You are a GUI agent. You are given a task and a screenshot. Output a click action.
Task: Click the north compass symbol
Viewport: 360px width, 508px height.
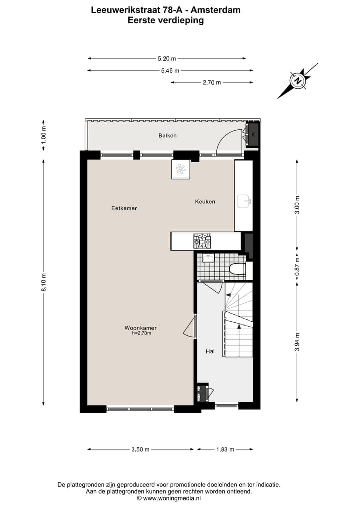click(298, 81)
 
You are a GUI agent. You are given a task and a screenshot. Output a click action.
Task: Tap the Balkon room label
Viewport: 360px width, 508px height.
click(167, 135)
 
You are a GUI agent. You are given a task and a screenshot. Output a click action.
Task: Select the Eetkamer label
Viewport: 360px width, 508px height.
click(124, 208)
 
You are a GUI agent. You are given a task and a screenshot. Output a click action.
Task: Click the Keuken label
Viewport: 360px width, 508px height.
click(205, 201)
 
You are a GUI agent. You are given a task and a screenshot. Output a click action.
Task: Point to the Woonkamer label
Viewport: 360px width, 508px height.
click(140, 328)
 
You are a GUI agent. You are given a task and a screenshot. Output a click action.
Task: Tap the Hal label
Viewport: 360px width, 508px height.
click(210, 351)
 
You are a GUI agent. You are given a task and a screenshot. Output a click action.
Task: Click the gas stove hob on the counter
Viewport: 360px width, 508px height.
click(202, 241)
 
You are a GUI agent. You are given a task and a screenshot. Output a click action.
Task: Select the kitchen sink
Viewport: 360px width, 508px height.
click(244, 201)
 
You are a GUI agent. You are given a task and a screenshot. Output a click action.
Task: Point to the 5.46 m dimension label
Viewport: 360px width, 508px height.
click(170, 71)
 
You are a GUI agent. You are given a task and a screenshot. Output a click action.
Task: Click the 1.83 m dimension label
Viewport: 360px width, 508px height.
click(225, 449)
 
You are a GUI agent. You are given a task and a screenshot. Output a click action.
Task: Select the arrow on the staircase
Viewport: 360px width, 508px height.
click(239, 326)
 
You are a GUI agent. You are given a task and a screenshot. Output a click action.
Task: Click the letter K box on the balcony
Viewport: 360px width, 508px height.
click(253, 134)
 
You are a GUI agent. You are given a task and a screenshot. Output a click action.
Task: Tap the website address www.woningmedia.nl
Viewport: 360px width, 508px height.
click(172, 498)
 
